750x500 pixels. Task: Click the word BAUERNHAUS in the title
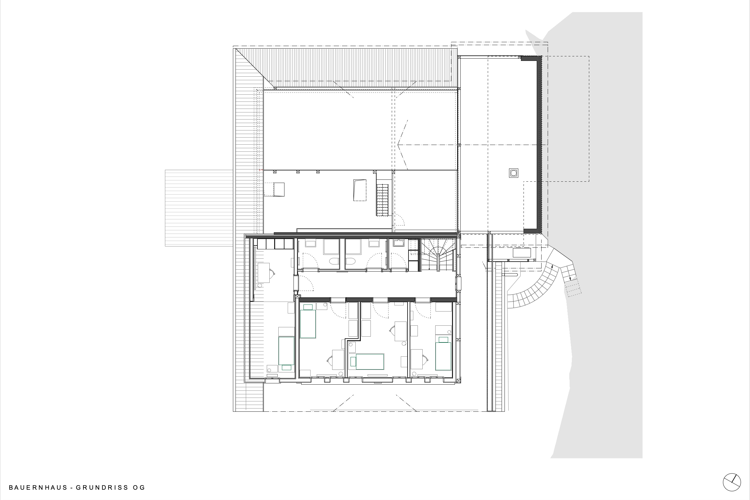[x=38, y=487]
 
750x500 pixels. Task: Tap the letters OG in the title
[x=139, y=487]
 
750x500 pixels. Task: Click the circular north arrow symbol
[x=732, y=483]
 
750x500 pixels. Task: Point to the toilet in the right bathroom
[x=350, y=261]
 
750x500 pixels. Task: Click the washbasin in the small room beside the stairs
[x=399, y=243]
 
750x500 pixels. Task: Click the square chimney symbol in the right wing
[x=513, y=173]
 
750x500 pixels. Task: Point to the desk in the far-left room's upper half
[x=264, y=273]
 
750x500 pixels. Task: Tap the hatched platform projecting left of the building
[x=199, y=208]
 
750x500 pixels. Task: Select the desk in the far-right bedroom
[x=417, y=359]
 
